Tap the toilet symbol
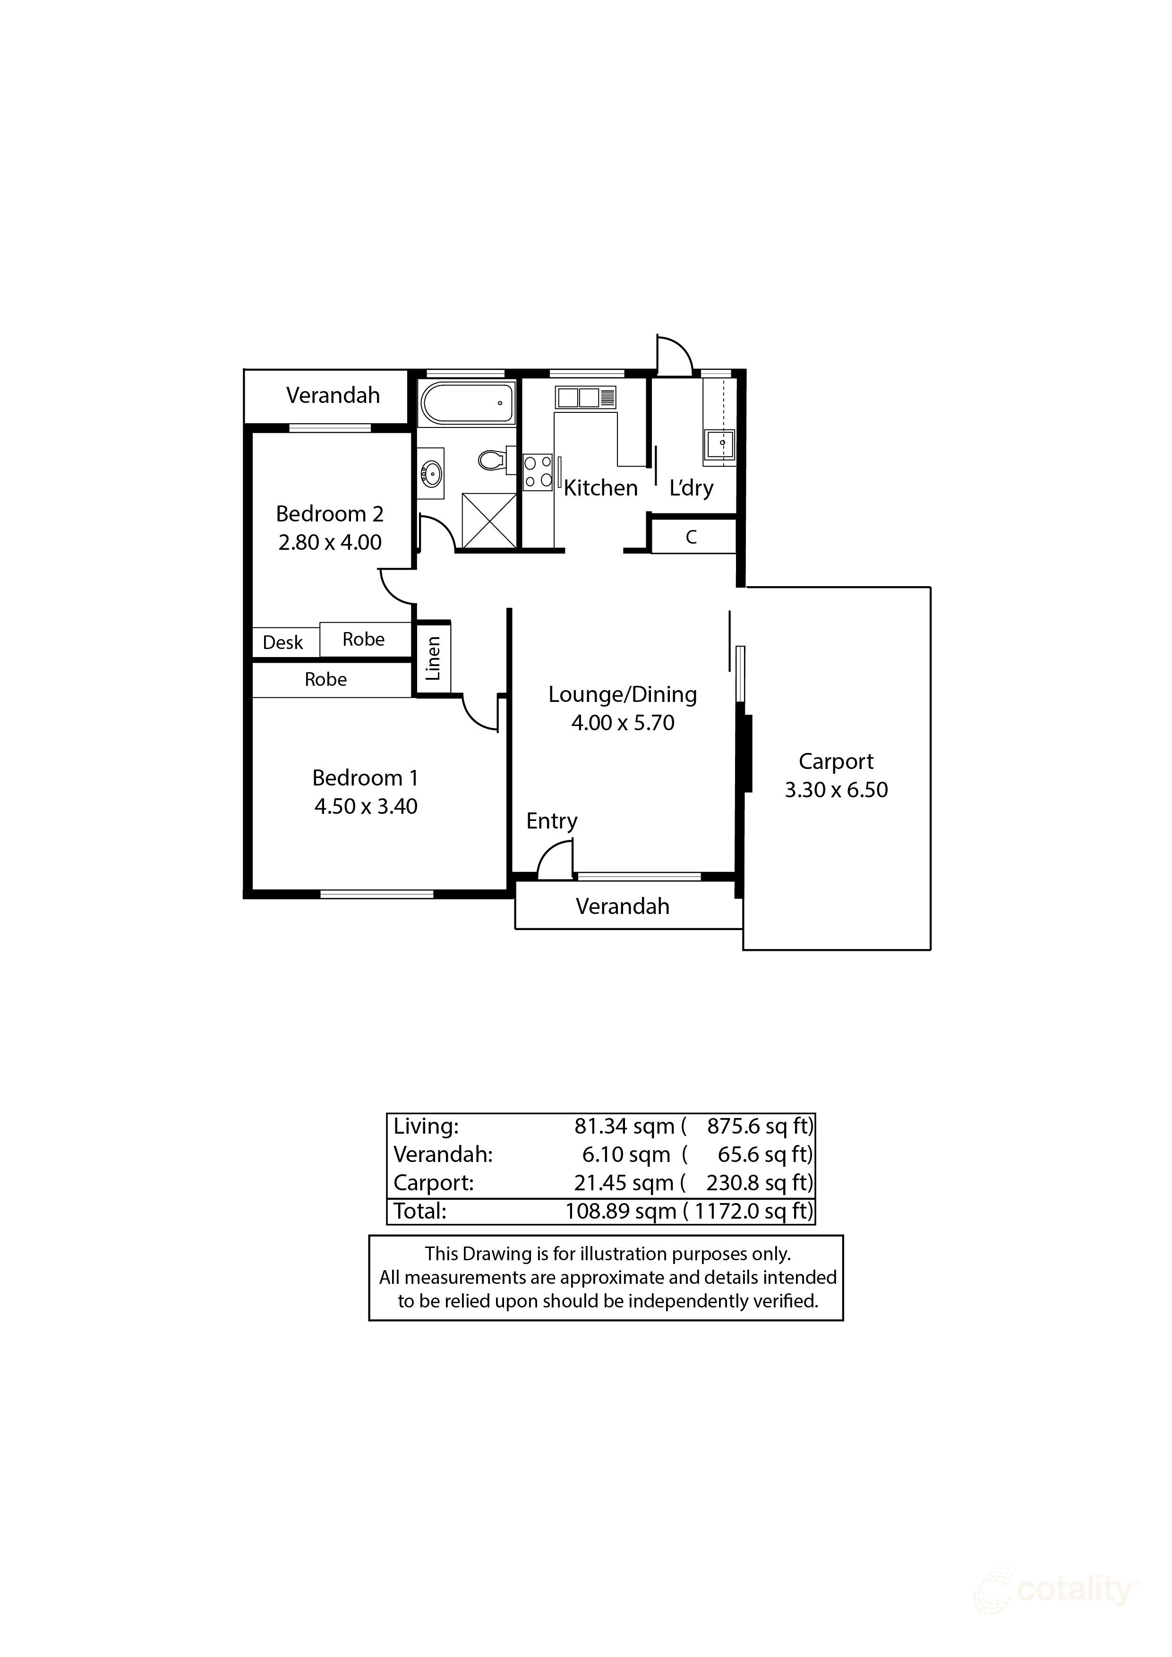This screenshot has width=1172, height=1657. (x=494, y=460)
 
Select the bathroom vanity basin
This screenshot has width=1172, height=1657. (x=432, y=473)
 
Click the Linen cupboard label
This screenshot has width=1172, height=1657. (x=433, y=658)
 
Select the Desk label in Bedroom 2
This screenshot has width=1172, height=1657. (x=283, y=642)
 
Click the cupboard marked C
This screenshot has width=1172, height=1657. (x=692, y=537)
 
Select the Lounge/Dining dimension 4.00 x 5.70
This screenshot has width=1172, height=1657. (x=622, y=722)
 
